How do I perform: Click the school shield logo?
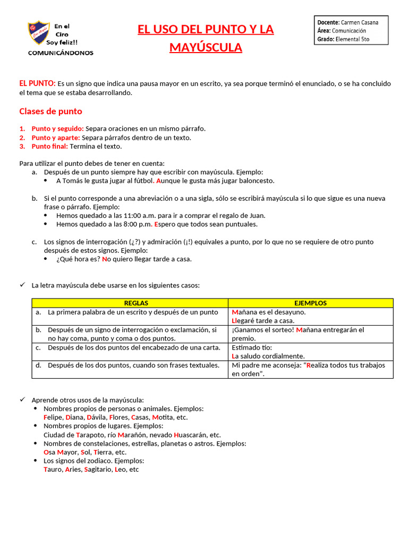click(x=38, y=33)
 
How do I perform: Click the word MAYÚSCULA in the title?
click(x=206, y=48)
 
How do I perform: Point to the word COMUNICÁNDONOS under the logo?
click(x=61, y=53)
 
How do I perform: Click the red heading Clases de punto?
click(x=50, y=112)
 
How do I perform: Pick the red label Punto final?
click(x=49, y=146)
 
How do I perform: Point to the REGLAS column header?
click(x=136, y=303)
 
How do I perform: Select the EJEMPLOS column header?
click(x=311, y=303)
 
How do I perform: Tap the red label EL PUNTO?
click(x=37, y=83)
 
